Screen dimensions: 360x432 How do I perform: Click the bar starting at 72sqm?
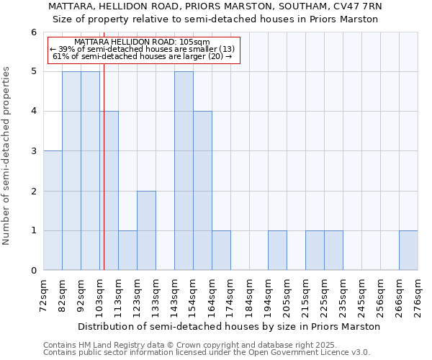coord(53,210)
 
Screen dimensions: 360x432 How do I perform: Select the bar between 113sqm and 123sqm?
coord(127,250)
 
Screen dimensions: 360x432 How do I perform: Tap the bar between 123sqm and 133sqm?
coord(146,230)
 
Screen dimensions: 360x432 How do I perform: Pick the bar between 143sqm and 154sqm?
coord(184,171)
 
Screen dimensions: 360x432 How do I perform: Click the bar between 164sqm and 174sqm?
coord(221,250)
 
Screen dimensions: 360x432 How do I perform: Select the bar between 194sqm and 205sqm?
coord(277,250)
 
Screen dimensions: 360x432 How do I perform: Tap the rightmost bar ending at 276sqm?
coord(408,250)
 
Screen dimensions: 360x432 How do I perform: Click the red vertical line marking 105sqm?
coord(104,180)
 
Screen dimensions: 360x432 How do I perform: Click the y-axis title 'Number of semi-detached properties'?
coord(7,156)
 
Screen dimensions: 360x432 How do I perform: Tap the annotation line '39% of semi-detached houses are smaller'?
coord(143,49)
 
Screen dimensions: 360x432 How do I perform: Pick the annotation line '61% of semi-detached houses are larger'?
coord(143,56)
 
